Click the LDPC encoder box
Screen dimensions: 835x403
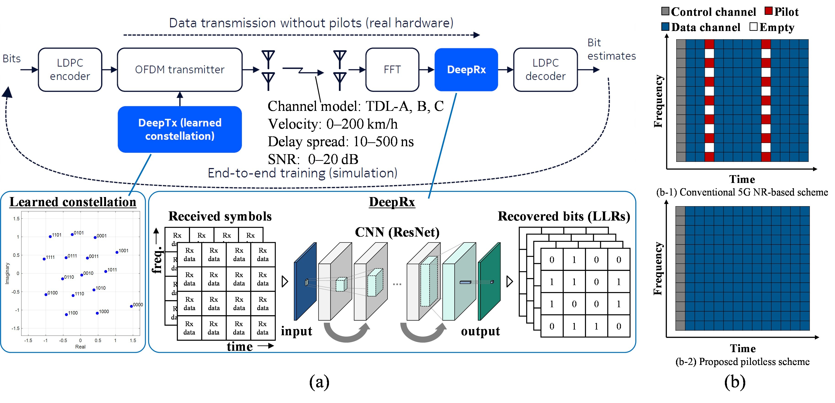pos(70,70)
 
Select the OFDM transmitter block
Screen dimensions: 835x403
pos(180,70)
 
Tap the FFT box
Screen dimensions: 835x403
pos(392,70)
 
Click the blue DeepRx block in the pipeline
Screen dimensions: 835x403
pos(466,70)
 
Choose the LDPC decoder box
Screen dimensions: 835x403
pos(546,70)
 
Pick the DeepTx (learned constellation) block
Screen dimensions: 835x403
pos(180,129)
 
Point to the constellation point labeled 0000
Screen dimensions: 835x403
pos(131,306)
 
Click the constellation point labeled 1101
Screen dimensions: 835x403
pos(50,237)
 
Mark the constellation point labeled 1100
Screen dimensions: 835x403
pos(66,314)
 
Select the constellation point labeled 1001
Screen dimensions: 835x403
pos(117,252)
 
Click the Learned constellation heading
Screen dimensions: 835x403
pos(73,202)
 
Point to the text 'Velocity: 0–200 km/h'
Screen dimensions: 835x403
pos(333,124)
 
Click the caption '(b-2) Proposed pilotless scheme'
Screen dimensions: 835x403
pos(742,361)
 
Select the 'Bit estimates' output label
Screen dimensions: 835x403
pos(611,49)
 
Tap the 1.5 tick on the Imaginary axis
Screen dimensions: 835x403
pos(16,219)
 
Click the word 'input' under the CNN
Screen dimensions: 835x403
pos(296,331)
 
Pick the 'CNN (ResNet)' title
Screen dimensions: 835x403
pos(397,232)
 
